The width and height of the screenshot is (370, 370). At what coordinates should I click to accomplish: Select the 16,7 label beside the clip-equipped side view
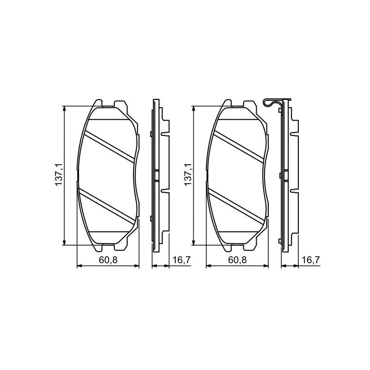tap(311, 260)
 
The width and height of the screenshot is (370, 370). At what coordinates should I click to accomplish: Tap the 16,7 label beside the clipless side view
tap(181, 260)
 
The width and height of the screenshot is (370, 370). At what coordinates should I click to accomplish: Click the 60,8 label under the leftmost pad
tap(108, 260)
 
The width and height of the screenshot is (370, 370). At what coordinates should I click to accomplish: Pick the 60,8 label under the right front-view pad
tap(237, 260)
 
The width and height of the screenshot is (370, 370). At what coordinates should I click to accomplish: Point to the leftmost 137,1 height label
tap(59, 175)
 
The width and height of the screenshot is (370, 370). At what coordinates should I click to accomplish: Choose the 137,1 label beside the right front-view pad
tap(188, 175)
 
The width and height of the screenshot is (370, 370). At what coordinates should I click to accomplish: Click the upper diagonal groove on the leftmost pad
tap(110, 146)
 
